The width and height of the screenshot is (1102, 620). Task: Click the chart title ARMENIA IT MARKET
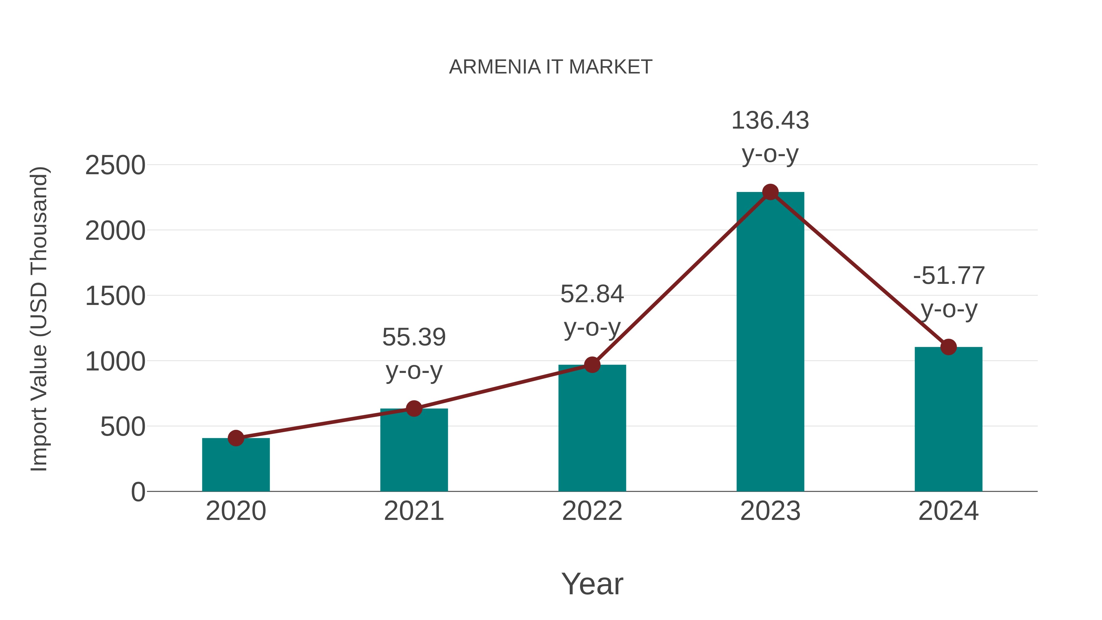[x=551, y=67]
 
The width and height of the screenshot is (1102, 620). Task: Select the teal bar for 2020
[x=236, y=466]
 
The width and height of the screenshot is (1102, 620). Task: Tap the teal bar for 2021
[x=414, y=451]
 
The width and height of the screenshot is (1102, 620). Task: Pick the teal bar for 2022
[x=592, y=428]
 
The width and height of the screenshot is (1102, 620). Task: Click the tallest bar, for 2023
[x=770, y=342]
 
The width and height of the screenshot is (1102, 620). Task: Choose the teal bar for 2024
[x=948, y=419]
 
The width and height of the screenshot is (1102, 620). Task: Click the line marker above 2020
[x=236, y=438]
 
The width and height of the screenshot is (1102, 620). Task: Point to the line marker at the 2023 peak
[x=770, y=192]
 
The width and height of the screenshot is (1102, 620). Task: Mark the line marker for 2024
[x=948, y=347]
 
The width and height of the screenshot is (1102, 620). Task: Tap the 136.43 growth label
[x=770, y=121]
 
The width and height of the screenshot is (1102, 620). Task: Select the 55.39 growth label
[x=414, y=338]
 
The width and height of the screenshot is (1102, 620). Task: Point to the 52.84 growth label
[x=592, y=294]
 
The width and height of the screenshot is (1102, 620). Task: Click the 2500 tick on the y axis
[x=115, y=166]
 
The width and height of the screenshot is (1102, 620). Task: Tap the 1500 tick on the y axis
[x=115, y=296]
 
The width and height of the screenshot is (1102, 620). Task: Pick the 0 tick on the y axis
[x=138, y=492]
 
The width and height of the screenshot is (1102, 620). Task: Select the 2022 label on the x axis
[x=592, y=511]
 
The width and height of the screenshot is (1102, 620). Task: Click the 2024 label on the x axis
[x=948, y=511]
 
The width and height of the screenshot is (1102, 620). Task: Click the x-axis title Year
[x=592, y=584]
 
